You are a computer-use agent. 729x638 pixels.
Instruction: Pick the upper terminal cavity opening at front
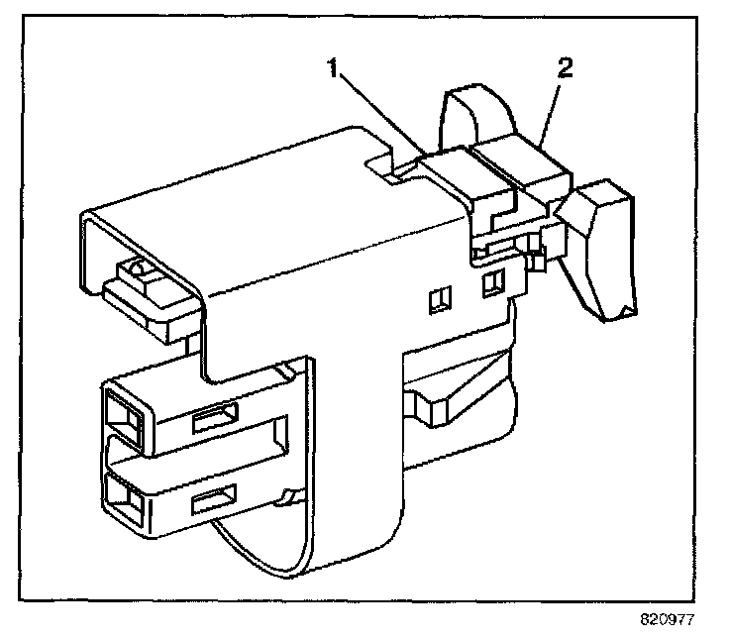[x=120, y=409]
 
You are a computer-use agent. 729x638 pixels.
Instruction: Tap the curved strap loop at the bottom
[x=287, y=555]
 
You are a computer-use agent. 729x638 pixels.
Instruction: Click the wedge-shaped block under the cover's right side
[x=446, y=401]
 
